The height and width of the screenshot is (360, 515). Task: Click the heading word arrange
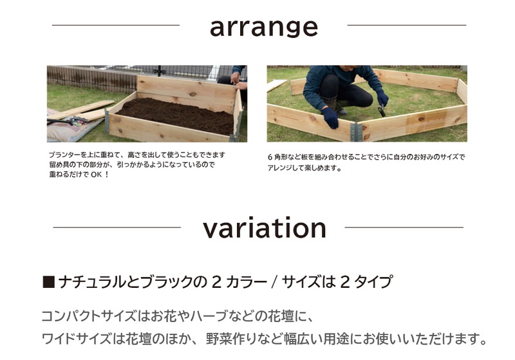tap(264, 28)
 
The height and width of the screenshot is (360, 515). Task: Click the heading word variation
tap(265, 227)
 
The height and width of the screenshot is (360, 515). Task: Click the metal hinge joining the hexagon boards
tap(356, 132)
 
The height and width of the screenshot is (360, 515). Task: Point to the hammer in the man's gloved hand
tap(381, 110)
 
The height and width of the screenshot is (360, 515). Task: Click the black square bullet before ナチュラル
tap(48, 283)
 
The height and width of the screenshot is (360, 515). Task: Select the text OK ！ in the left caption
tap(100, 175)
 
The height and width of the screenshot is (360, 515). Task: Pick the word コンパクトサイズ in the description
tap(89, 316)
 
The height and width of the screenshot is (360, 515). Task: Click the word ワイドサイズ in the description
tap(76, 339)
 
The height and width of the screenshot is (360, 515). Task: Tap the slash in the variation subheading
tap(275, 283)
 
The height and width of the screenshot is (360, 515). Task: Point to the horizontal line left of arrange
tap(116, 25)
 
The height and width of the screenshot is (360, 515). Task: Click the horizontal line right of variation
tap(404, 227)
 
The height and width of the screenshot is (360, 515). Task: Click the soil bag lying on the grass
tap(72, 126)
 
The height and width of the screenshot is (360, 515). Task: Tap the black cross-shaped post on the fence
tap(159, 71)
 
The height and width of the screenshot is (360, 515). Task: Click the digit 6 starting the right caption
tap(270, 157)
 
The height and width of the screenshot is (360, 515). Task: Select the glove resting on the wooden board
tap(330, 118)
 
